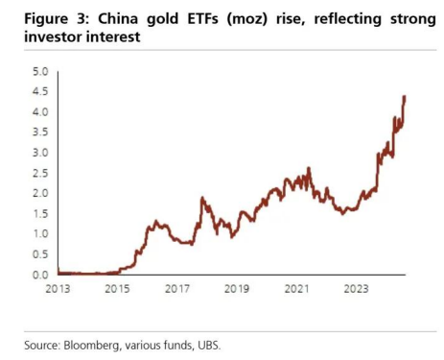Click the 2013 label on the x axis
click(x=58, y=287)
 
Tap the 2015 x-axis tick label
click(x=118, y=287)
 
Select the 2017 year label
click(x=177, y=287)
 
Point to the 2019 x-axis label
click(x=238, y=287)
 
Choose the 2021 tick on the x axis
click(x=297, y=287)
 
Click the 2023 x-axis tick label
click(x=357, y=287)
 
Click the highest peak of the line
click(x=405, y=96)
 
